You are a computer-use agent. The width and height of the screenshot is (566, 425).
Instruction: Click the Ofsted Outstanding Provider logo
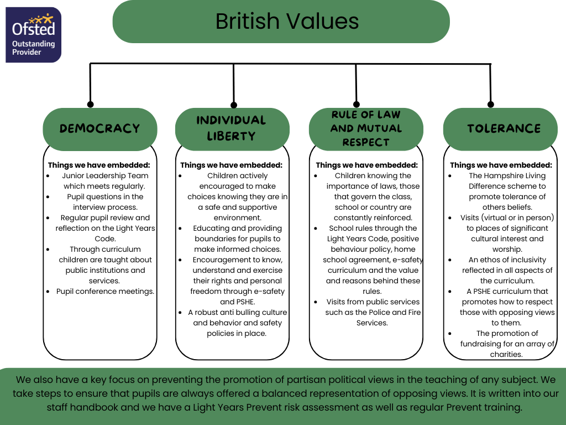coord(33,34)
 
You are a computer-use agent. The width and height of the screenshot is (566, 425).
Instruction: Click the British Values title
coord(287,22)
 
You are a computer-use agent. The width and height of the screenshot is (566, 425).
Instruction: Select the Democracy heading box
coord(99,128)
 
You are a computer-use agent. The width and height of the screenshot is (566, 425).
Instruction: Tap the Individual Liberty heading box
coord(232,128)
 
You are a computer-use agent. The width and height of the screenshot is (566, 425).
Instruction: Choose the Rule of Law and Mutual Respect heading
coord(366,128)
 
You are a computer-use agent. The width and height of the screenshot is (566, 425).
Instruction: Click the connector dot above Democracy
coord(91,104)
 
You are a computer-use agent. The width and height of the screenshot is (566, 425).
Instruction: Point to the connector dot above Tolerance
coord(490,104)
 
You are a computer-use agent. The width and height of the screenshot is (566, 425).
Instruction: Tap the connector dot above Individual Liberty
coord(234,105)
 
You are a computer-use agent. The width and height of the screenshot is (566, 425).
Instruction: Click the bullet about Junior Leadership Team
coord(104,181)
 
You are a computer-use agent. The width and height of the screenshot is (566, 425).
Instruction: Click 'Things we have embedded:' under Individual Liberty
coord(231,165)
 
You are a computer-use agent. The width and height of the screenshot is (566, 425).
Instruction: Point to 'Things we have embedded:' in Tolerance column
coord(501,165)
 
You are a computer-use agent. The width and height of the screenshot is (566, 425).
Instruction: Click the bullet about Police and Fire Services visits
coord(372,312)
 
